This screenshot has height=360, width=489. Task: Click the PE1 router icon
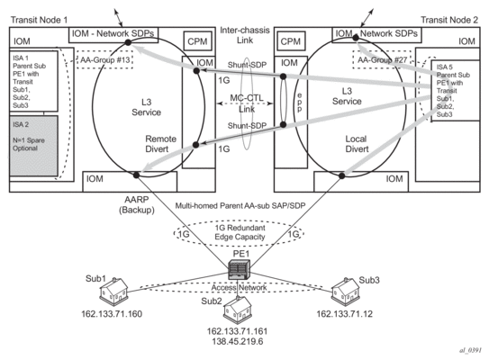pyautogui.click(x=240, y=270)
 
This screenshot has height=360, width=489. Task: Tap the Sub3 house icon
pyautogui.click(x=346, y=291)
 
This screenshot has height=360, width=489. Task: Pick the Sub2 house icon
pyautogui.click(x=238, y=310)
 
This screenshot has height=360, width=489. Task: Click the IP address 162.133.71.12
pyautogui.click(x=344, y=314)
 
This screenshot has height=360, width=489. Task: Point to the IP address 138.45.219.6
pyautogui.click(x=238, y=342)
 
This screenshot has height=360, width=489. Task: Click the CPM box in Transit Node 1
pyautogui.click(x=197, y=41)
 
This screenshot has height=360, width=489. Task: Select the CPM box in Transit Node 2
pyautogui.click(x=290, y=41)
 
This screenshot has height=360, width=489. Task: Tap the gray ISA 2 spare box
pyautogui.click(x=33, y=146)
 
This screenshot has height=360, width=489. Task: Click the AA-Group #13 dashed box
pyautogui.click(x=105, y=59)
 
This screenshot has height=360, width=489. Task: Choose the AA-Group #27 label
pyautogui.click(x=382, y=59)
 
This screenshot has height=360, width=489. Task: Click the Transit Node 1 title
pyautogui.click(x=39, y=20)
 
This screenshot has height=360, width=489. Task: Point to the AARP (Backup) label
pyautogui.click(x=137, y=205)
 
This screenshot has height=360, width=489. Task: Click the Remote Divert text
pyautogui.click(x=160, y=144)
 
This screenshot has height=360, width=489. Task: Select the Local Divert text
pyautogui.click(x=357, y=144)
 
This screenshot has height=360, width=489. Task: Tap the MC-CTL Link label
pyautogui.click(x=247, y=103)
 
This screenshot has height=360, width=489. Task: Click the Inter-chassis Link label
pyautogui.click(x=245, y=35)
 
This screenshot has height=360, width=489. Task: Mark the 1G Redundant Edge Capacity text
pyautogui.click(x=240, y=232)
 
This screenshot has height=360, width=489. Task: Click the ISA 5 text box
pyautogui.click(x=455, y=91)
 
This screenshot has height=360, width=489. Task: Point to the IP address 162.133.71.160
pyautogui.click(x=112, y=314)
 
